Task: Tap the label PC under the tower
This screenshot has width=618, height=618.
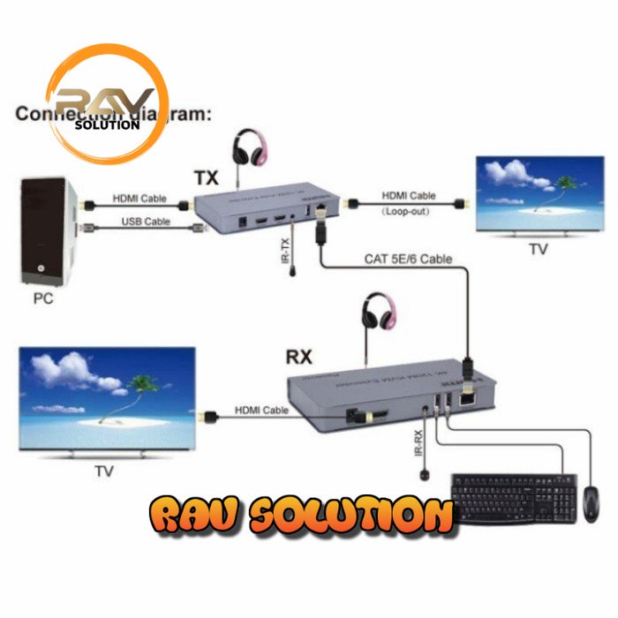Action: pos(43,298)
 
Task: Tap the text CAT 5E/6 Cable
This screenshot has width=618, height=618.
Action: pos(408,259)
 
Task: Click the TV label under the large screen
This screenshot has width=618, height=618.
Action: pos(104,471)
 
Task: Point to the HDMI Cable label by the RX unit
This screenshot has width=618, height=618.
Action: pos(262,411)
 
